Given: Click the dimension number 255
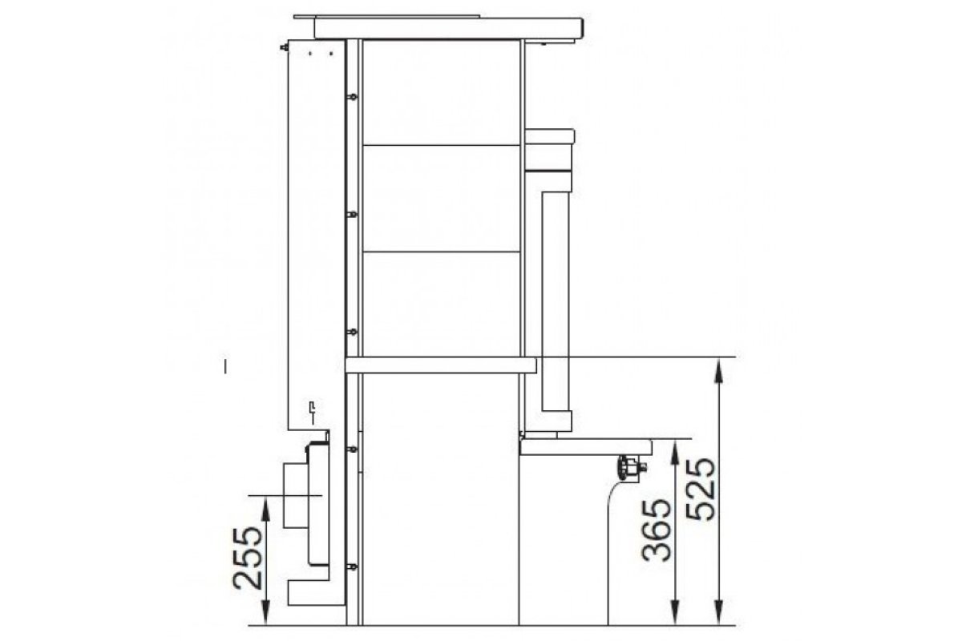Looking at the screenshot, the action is (248, 558).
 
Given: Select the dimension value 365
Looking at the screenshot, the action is (656, 530).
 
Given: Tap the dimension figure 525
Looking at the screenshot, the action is (701, 490).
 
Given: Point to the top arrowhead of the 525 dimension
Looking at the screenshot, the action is (720, 370).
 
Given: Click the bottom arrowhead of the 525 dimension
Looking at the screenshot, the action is (720, 613).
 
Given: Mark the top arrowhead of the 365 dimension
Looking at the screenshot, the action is (676, 453).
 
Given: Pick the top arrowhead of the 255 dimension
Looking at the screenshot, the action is (266, 509).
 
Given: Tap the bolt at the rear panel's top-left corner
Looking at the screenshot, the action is (284, 47).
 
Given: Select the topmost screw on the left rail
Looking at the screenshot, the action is (352, 97).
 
